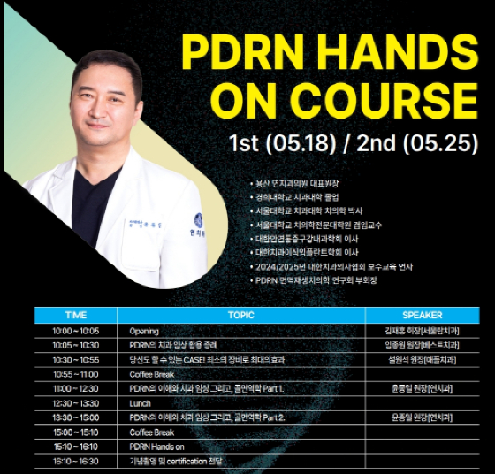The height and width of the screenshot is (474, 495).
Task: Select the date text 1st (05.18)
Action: (282, 143)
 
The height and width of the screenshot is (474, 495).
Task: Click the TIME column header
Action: (76, 315)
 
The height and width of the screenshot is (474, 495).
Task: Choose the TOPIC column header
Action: (240, 315)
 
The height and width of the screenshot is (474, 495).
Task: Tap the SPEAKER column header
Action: (422, 315)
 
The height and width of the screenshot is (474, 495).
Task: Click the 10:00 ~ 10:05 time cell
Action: (76, 331)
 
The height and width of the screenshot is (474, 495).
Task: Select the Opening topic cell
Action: (144, 331)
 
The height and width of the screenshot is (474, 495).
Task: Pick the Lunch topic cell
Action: (140, 402)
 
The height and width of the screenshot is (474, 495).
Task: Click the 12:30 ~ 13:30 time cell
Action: (76, 402)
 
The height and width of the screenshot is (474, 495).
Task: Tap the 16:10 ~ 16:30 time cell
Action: (76, 461)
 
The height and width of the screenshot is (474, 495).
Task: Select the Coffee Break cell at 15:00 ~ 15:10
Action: (152, 432)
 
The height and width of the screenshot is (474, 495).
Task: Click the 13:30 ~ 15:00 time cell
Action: (76, 417)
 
